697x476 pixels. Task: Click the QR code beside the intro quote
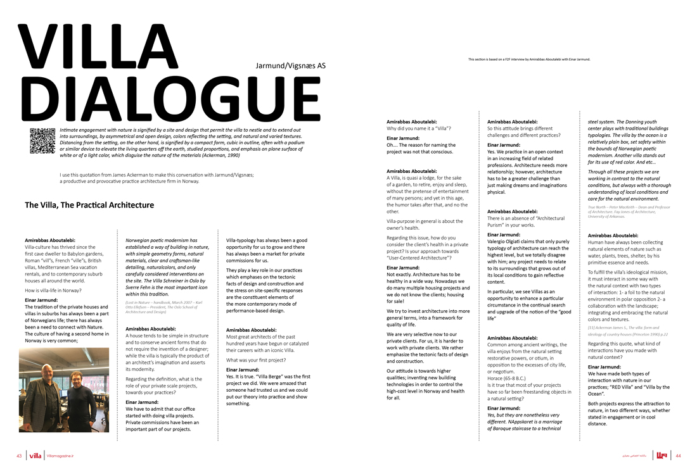(42, 141)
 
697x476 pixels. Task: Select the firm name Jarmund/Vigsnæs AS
(291, 65)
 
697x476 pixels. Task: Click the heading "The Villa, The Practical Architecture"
(89, 205)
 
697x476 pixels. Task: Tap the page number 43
(19, 455)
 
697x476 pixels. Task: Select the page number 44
(678, 455)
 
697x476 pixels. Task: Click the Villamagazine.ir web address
(60, 456)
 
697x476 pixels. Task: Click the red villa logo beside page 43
(35, 455)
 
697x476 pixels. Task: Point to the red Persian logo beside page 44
(662, 455)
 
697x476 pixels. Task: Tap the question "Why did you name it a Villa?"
(419, 128)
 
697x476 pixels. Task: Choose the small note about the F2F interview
(529, 59)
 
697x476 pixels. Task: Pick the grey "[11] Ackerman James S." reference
(627, 334)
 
